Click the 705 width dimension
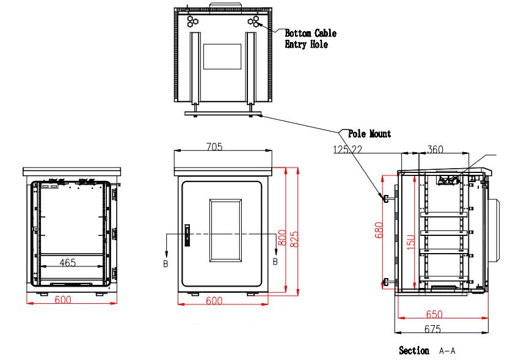[214, 147]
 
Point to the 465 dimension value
[68, 263]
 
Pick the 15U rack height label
[412, 241]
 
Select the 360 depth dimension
[435, 149]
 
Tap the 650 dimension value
[435, 315]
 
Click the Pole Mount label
[369, 133]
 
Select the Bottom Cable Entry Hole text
[310, 39]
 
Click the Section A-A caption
[427, 351]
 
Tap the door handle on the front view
[187, 235]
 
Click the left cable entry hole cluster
[193, 21]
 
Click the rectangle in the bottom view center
[222, 56]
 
